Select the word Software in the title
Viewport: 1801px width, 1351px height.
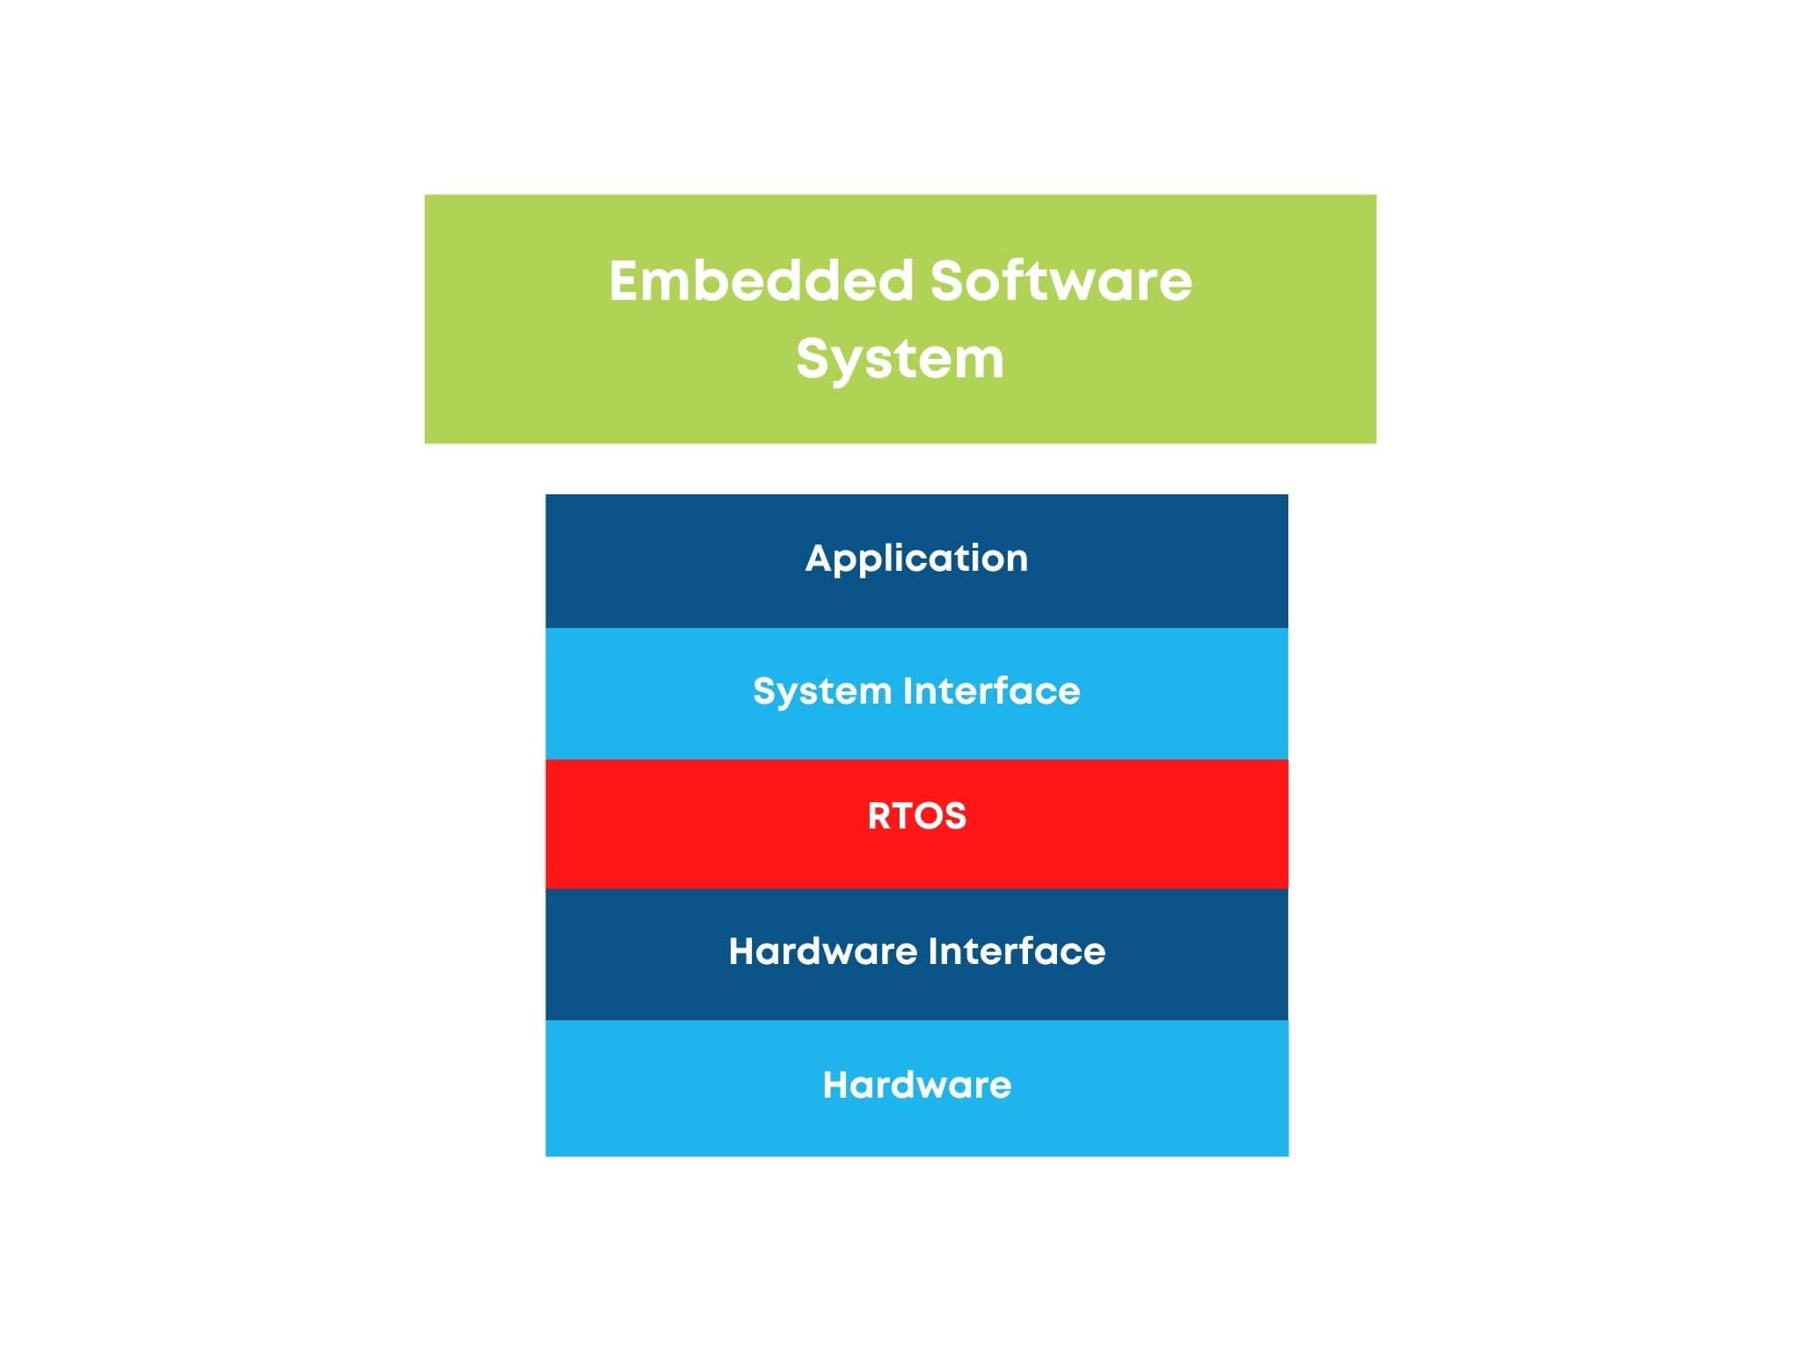[x=1061, y=281]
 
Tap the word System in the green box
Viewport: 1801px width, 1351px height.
[x=900, y=361]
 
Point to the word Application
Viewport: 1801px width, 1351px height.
[x=916, y=559]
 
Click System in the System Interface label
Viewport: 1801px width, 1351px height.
[x=822, y=692]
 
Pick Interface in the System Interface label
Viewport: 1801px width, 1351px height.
[x=991, y=690]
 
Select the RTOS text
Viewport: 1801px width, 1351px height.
[x=916, y=816]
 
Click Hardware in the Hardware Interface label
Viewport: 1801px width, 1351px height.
[x=823, y=951]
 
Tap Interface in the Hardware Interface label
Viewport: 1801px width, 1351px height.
[x=1017, y=951]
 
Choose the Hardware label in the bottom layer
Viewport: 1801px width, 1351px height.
[x=916, y=1085]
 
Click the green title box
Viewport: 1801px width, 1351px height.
[x=900, y=319]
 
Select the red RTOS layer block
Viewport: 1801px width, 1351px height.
[x=916, y=824]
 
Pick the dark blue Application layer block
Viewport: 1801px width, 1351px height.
[x=916, y=561]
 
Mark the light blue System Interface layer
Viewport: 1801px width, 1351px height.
[x=916, y=694]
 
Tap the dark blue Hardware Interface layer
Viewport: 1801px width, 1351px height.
[x=916, y=954]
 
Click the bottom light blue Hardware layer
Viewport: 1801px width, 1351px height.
[x=916, y=1088]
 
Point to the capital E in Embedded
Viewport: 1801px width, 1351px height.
[x=626, y=281]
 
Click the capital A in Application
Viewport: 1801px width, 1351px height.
[x=820, y=559]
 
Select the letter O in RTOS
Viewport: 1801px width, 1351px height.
[x=930, y=816]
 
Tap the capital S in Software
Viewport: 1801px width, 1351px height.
[x=947, y=281]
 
